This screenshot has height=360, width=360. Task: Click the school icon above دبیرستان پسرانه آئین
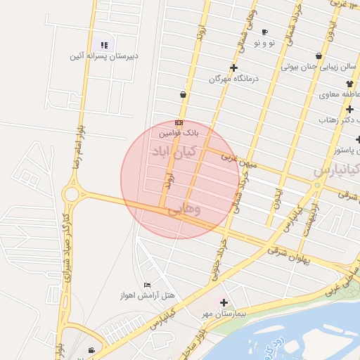[104, 45]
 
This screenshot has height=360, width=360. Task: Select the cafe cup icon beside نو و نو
[264, 32]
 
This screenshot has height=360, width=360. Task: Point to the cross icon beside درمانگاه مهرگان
[233, 68]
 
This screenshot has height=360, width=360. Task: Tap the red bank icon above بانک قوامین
[179, 122]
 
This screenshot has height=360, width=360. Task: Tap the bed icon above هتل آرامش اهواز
[147, 285]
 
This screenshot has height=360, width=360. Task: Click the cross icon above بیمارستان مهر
[224, 302]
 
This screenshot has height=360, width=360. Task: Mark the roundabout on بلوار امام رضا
[71, 193]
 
